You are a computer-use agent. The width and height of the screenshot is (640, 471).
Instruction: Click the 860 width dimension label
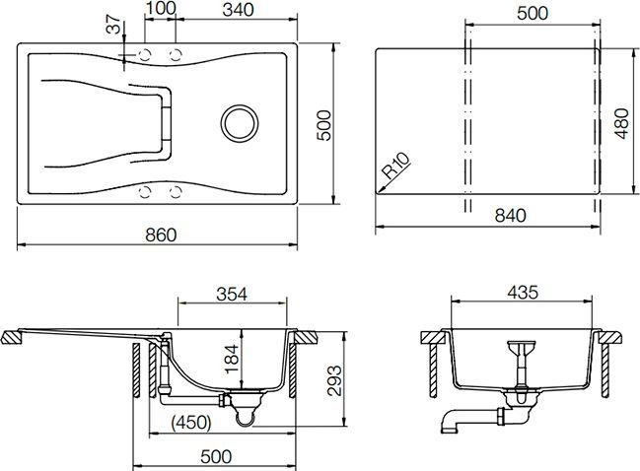[160, 235]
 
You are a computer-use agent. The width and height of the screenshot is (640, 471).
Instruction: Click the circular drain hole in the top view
[239, 121]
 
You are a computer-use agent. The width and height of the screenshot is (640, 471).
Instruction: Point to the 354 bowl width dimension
[231, 294]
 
